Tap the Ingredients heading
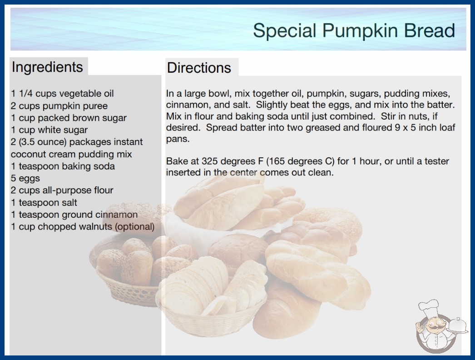point(47,67)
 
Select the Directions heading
point(199,68)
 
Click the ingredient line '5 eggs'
point(25,178)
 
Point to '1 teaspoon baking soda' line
point(63,166)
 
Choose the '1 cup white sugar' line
point(49,130)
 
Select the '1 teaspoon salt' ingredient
point(44,203)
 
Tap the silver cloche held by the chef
point(458,325)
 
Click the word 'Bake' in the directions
point(176,161)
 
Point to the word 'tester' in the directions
point(437,161)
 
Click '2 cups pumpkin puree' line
point(59,106)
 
